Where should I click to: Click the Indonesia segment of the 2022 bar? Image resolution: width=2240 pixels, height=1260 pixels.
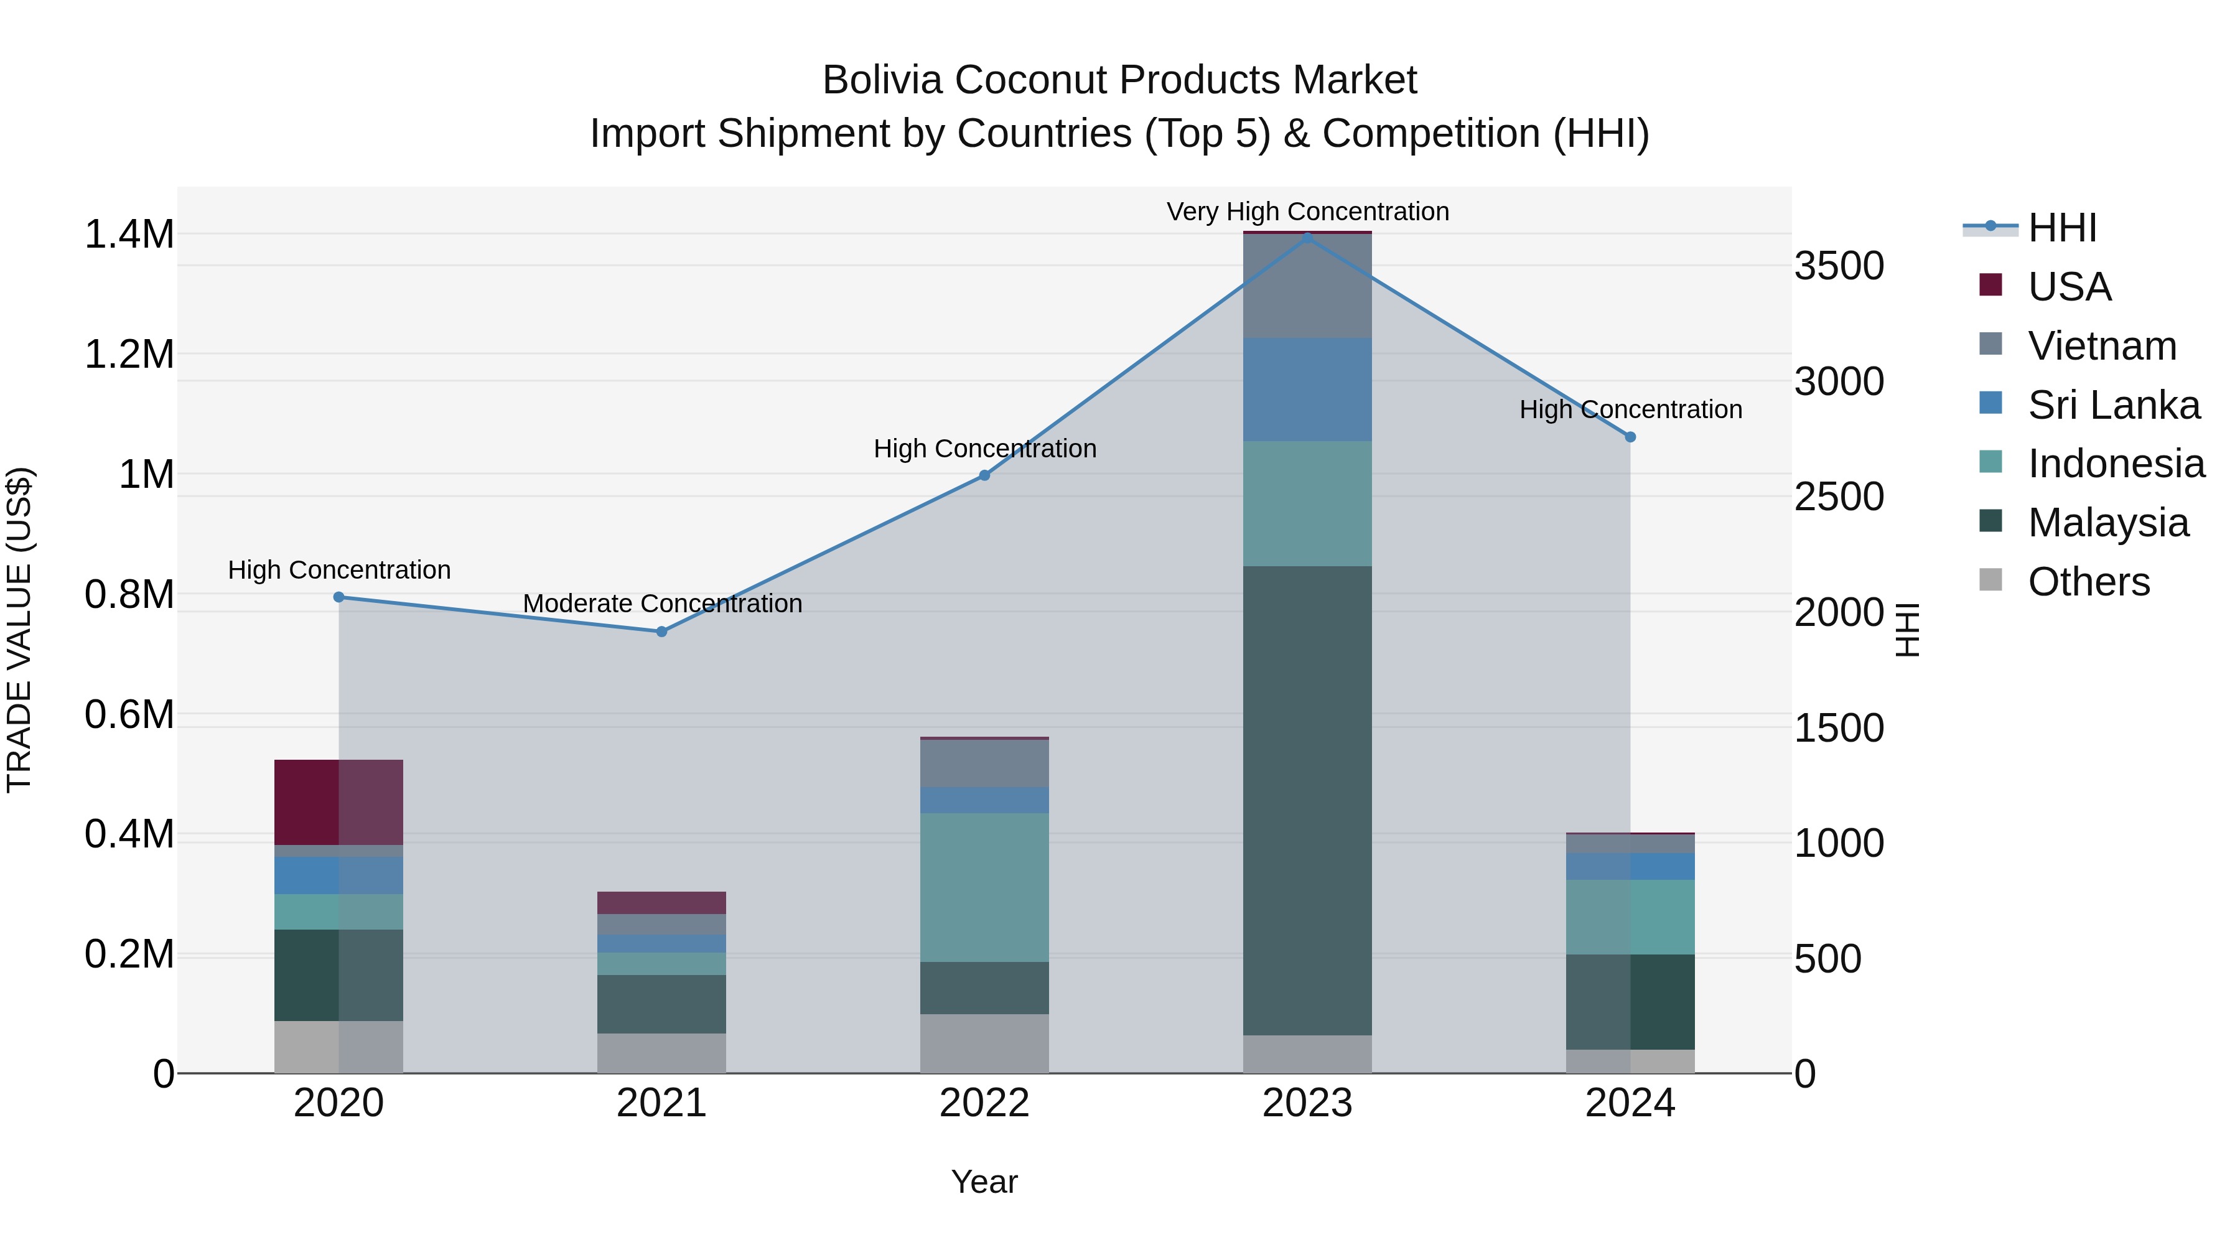click(984, 887)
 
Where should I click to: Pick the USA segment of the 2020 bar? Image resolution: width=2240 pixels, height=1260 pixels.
click(338, 802)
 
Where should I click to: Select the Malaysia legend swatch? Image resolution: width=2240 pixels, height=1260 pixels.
click(1990, 521)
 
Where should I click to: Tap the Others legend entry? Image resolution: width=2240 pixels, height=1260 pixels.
click(2088, 582)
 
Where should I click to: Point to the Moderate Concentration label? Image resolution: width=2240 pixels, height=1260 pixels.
click(662, 604)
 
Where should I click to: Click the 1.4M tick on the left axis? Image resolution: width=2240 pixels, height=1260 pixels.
click(129, 235)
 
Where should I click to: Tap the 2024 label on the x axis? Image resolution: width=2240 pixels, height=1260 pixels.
click(1630, 1103)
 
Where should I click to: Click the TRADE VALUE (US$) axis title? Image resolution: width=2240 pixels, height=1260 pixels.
click(19, 630)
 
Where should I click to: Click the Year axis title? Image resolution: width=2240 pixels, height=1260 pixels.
click(984, 1182)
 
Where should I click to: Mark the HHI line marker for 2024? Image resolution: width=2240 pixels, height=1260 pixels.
click(1630, 437)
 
